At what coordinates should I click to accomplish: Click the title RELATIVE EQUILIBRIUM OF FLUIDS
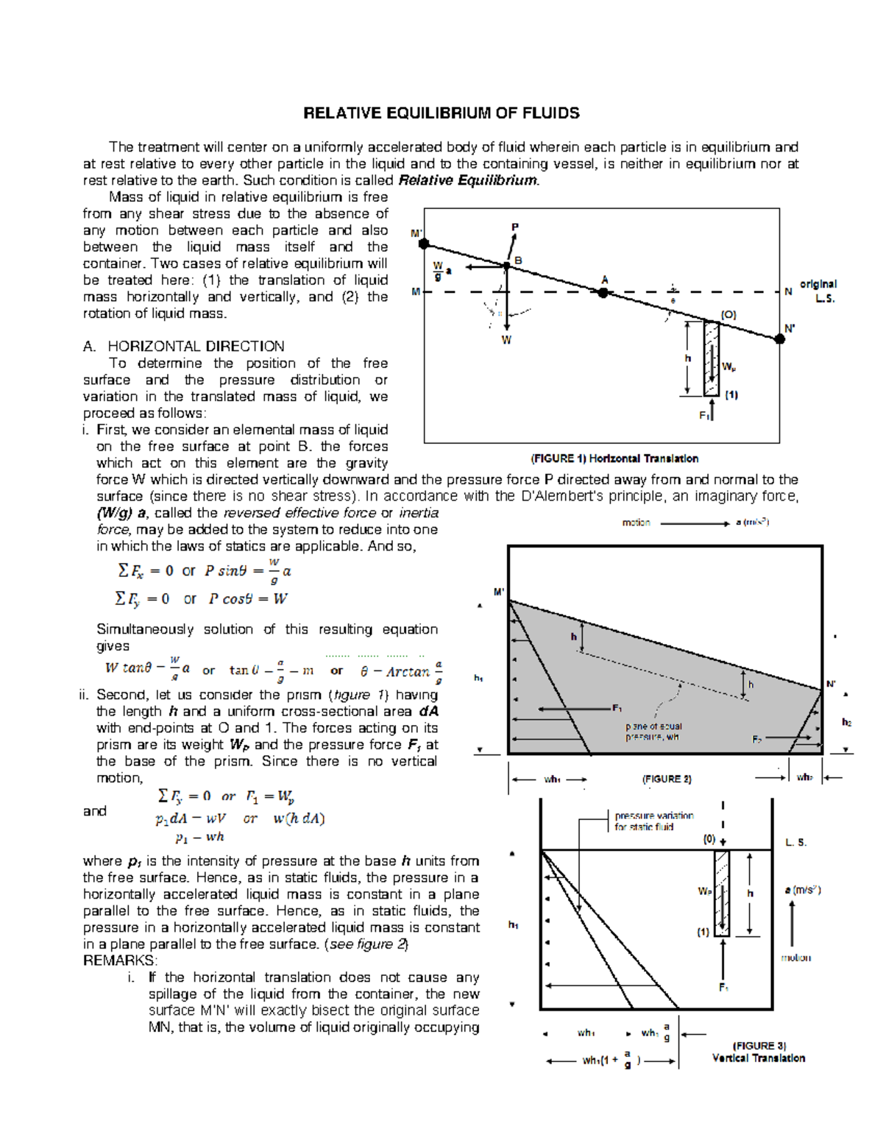(x=441, y=113)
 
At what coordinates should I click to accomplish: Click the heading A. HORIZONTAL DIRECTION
(x=183, y=347)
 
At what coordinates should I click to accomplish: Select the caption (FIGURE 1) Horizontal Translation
(x=614, y=459)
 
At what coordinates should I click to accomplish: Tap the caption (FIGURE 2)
(x=667, y=779)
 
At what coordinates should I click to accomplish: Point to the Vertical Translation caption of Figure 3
(x=758, y=1058)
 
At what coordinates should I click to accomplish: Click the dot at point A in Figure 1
(x=603, y=292)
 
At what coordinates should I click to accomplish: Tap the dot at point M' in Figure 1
(x=424, y=244)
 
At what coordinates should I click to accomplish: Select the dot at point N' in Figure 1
(x=780, y=339)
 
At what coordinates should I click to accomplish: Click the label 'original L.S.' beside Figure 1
(x=818, y=291)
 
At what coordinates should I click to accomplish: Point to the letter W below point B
(x=506, y=340)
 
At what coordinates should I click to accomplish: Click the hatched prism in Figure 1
(x=711, y=358)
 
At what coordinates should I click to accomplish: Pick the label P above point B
(x=515, y=227)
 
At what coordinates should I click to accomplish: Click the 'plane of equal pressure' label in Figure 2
(x=653, y=732)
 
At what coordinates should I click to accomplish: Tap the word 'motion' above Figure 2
(x=636, y=523)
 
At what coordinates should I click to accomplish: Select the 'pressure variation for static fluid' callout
(x=653, y=821)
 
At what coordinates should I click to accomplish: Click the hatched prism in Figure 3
(x=722, y=893)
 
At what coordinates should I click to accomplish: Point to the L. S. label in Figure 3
(x=795, y=843)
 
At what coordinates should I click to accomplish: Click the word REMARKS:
(x=120, y=961)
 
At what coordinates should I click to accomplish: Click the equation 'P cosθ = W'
(x=247, y=599)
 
